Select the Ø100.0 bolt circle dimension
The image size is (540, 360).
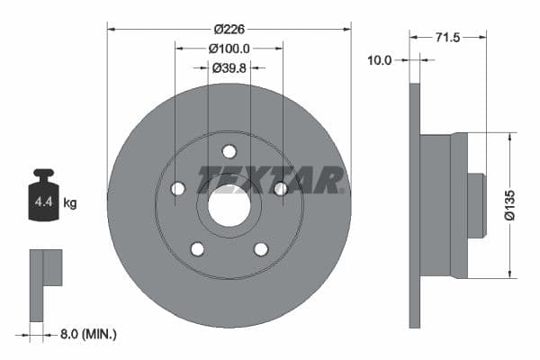229,49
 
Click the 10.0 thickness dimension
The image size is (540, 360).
380,60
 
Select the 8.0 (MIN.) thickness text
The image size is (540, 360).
87,335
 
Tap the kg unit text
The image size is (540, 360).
70,203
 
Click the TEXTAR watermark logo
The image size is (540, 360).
271,179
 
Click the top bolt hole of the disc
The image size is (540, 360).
229,151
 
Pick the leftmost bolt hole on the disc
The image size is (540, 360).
177,188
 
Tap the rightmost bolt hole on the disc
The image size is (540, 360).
281,188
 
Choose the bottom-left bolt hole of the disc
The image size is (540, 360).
197,249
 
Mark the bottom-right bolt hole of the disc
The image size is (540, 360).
261,249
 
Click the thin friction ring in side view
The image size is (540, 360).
415,206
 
